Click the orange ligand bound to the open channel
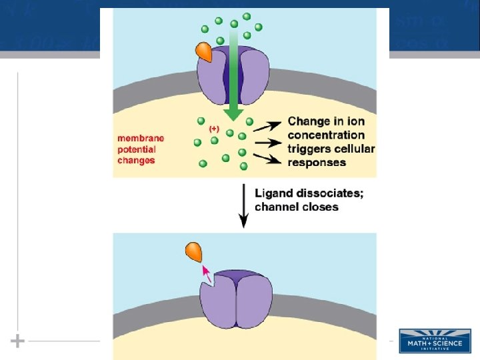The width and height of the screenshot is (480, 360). (204, 53)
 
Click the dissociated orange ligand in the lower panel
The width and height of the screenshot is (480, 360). (193, 252)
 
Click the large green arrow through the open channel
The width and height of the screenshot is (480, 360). (233, 73)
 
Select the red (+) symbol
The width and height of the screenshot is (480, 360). (214, 128)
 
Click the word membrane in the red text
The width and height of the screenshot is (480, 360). (141, 138)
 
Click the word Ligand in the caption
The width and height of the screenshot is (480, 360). (271, 193)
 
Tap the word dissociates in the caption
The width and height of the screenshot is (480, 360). (325, 193)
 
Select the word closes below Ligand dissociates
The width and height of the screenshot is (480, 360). (321, 207)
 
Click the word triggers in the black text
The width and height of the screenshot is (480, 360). (309, 149)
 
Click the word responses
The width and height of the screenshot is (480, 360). (317, 162)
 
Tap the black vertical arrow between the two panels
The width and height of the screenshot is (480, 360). (244, 204)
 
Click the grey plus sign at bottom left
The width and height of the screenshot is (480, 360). (17, 341)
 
